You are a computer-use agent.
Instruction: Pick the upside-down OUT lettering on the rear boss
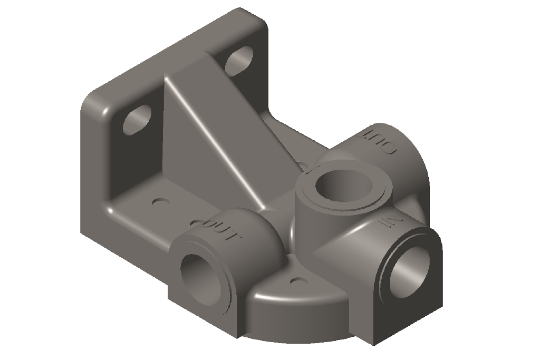(x=382, y=140)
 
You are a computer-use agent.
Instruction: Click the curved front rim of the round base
(x=295, y=311)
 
